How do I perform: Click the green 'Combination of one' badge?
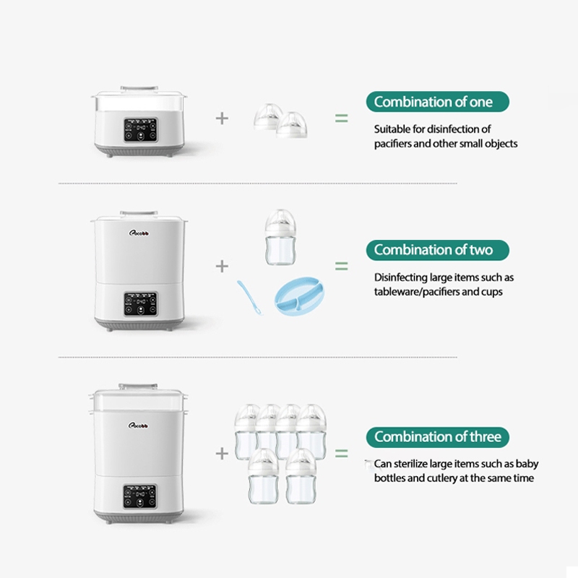437,102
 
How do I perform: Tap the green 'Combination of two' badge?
437,250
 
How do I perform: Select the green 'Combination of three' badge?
437,436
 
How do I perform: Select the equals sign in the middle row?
341,266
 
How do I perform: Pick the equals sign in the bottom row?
341,453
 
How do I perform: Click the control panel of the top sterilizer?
140,130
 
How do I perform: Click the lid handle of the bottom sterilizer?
138,387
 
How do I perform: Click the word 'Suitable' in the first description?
392,129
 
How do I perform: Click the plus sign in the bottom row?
222,453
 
